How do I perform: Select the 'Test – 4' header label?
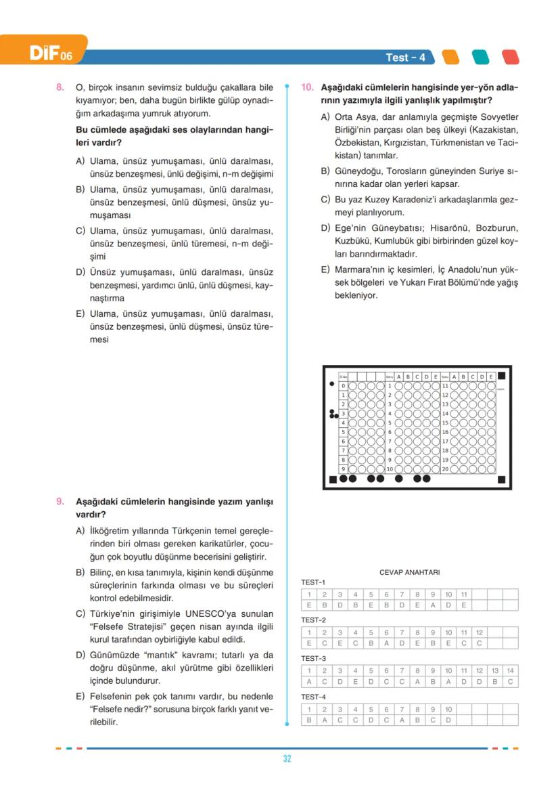[x=405, y=58]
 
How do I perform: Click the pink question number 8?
[x=60, y=87]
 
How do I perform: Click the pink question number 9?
[x=60, y=501]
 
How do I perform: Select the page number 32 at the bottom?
[x=287, y=758]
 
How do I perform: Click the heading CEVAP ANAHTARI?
[x=410, y=572]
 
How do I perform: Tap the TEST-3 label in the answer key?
[x=313, y=658]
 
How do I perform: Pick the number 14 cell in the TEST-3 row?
[x=511, y=670]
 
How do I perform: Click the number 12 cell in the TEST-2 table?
[x=480, y=632]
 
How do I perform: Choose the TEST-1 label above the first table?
[x=313, y=582]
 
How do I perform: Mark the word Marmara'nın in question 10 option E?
[x=360, y=269]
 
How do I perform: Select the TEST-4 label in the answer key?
[x=313, y=697]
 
